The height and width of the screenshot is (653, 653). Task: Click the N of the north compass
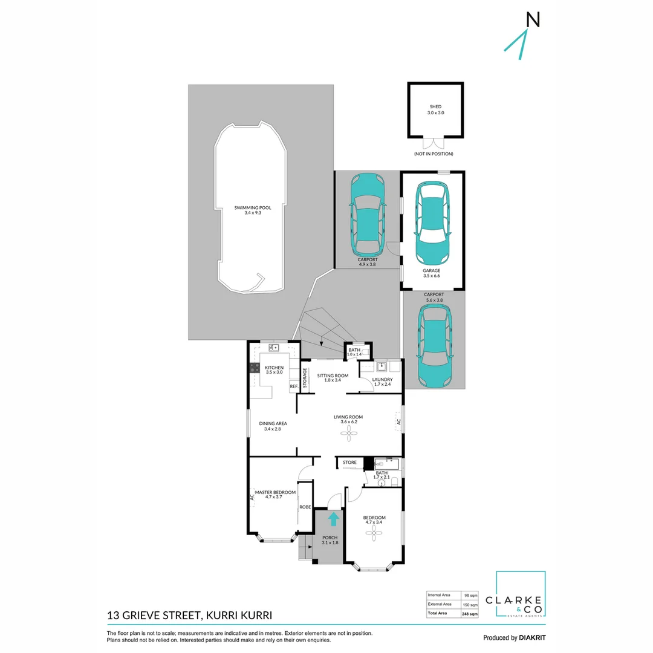point(533,19)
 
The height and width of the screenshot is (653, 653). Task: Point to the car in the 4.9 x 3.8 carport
point(368,215)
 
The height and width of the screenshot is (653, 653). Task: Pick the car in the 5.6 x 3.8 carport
point(435,345)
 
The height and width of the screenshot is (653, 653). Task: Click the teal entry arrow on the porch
point(333,519)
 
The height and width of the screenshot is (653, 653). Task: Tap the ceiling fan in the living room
point(349,434)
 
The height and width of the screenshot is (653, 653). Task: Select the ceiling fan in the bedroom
point(374,533)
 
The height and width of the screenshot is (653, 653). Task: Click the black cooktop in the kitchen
point(254,368)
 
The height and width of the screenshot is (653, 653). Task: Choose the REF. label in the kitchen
point(294,386)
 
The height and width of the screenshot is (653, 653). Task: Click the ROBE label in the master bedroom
point(305,507)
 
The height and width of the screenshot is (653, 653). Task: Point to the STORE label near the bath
point(350,463)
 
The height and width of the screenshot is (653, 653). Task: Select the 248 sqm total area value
point(470,614)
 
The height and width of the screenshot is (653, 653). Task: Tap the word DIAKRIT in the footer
point(532,638)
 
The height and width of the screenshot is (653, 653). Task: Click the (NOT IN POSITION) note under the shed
point(434,154)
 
